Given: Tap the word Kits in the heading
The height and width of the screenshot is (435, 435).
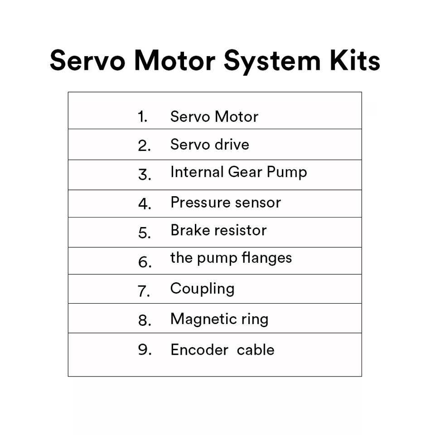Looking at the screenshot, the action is click(x=355, y=60).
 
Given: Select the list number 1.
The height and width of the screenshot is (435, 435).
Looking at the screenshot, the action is click(x=142, y=116).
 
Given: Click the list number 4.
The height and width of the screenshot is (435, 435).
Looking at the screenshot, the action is click(x=145, y=204).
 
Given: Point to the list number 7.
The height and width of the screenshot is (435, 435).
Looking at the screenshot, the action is click(x=144, y=291).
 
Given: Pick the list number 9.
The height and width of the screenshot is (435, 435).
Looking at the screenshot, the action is click(x=145, y=349).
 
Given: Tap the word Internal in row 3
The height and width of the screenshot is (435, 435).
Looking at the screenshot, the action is click(x=197, y=172).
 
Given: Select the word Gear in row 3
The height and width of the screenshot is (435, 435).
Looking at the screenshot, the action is click(x=245, y=172).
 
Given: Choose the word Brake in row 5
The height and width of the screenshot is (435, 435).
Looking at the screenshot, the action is click(x=190, y=230).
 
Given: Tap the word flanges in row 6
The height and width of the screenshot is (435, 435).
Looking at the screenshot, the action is click(x=266, y=258).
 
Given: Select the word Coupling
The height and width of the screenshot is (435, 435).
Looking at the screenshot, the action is click(x=203, y=289).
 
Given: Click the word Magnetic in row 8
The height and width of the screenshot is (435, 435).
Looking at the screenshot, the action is click(x=204, y=319).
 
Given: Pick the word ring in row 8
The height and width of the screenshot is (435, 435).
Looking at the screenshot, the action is click(x=255, y=319).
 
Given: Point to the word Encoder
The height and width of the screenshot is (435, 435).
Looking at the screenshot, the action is click(x=199, y=349).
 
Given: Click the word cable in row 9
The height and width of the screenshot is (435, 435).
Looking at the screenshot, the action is click(x=256, y=349).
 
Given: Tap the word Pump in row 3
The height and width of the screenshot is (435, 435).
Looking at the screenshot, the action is click(x=287, y=172).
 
